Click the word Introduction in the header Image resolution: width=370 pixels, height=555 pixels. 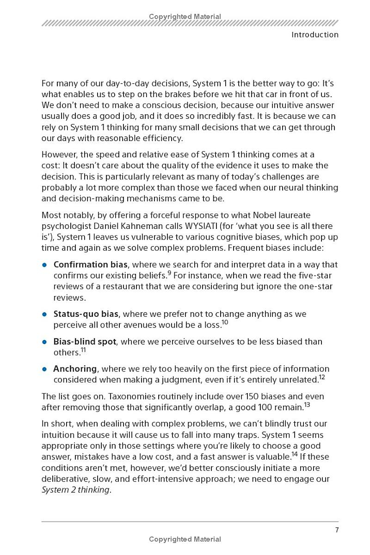[314, 35]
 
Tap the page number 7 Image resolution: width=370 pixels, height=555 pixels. [337, 530]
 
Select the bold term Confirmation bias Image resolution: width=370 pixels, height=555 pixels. [90, 265]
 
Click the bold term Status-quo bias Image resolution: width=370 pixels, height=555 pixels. [86, 314]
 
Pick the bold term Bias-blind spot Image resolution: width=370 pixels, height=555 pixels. [84, 342]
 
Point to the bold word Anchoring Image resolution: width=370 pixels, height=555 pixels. [75, 369]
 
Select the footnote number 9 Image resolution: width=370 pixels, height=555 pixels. [169, 273]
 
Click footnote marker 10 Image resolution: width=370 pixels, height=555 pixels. [225, 322]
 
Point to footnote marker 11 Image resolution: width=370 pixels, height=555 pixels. [84, 350]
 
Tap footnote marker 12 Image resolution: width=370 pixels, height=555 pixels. [322, 377]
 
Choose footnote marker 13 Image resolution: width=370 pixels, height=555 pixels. [307, 405]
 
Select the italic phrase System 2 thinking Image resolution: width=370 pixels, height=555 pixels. [76, 490]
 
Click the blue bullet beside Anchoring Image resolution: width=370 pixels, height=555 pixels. [45, 370]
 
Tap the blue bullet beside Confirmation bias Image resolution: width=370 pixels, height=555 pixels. [45, 265]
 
